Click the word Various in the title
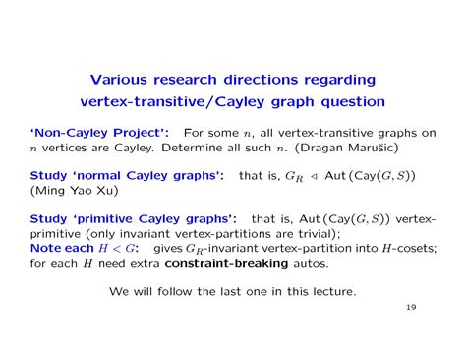pyautogui.click(x=119, y=80)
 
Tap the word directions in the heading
pyautogui.click(x=261, y=80)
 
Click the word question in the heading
pyautogui.click(x=353, y=102)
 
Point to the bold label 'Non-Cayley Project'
pyautogui.click(x=99, y=133)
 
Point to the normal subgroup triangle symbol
pyautogui.click(x=314, y=176)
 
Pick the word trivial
pyautogui.click(x=317, y=234)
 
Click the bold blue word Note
pyautogui.click(x=44, y=248)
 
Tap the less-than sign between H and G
pyautogui.click(x=117, y=249)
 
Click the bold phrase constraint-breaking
pyautogui.click(x=226, y=263)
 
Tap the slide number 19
pyautogui.click(x=411, y=307)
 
